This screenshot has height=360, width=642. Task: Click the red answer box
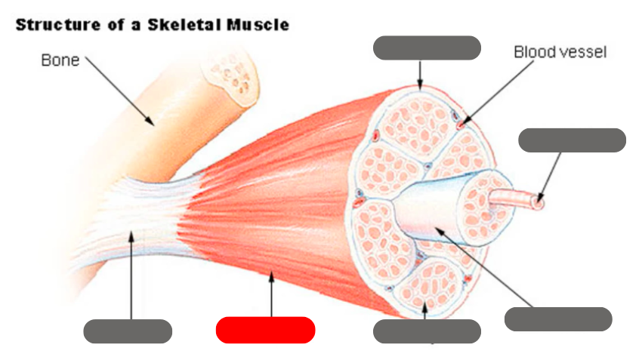pyautogui.click(x=265, y=330)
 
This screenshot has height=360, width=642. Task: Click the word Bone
pyautogui.click(x=60, y=60)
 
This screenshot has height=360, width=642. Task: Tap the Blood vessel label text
pyautogui.click(x=560, y=52)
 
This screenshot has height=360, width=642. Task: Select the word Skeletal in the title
pyautogui.click(x=164, y=24)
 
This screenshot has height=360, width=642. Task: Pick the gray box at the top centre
pyautogui.click(x=427, y=48)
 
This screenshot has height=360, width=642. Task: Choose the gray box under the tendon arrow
pyautogui.click(x=128, y=331)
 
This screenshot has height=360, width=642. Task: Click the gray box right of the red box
pyautogui.click(x=427, y=331)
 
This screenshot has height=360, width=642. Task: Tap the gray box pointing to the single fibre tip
pyautogui.click(x=573, y=140)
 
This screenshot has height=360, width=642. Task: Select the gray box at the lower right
pyautogui.click(x=557, y=318)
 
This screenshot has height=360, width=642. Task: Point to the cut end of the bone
pyautogui.click(x=233, y=79)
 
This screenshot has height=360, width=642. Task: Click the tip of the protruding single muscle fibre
pyautogui.click(x=538, y=202)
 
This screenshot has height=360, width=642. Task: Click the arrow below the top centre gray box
pyautogui.click(x=421, y=74)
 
